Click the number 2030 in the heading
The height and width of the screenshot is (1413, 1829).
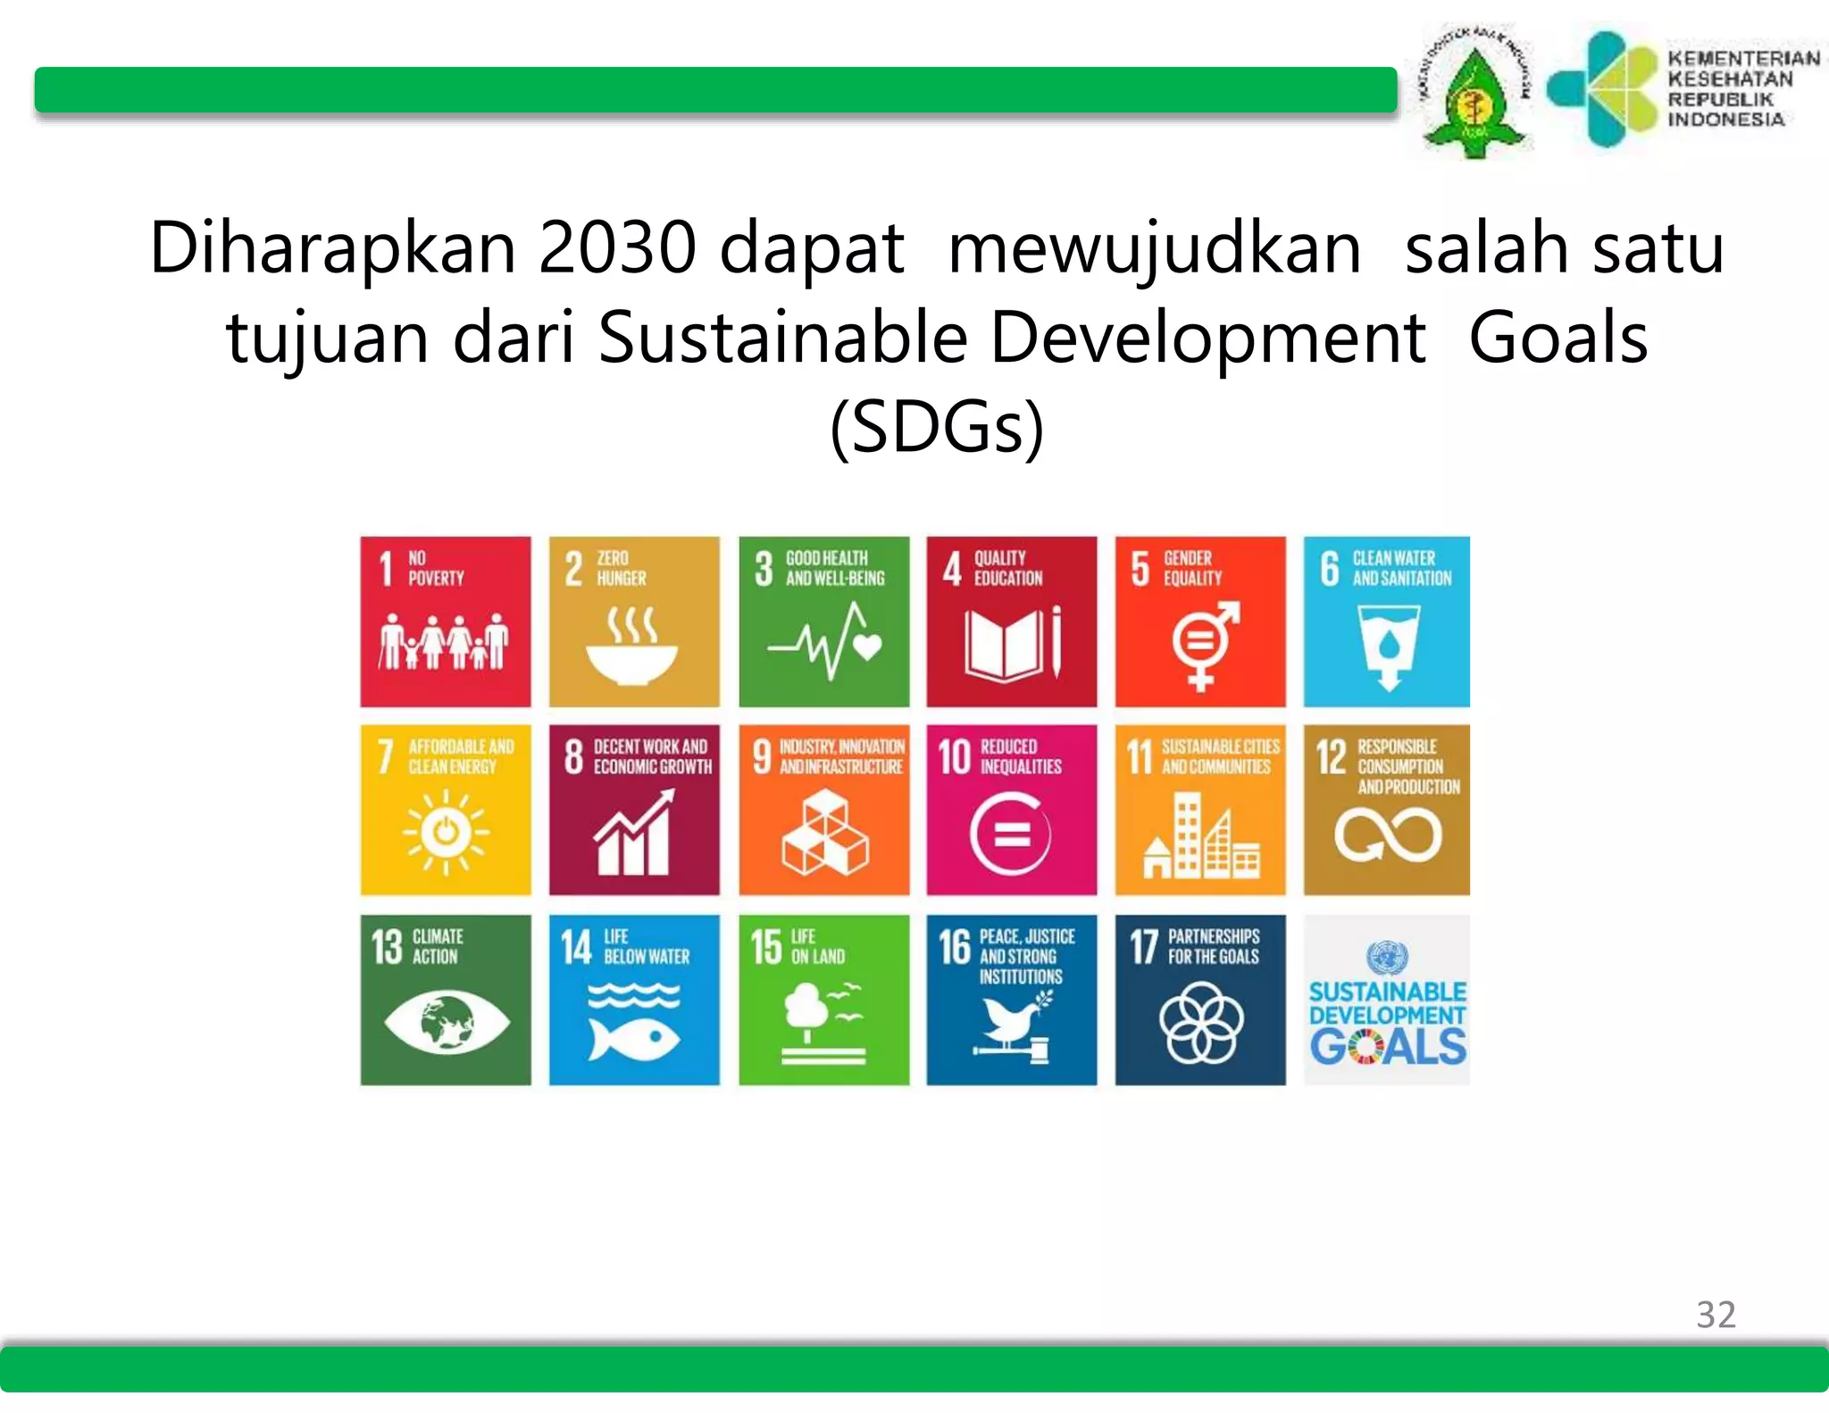tap(617, 247)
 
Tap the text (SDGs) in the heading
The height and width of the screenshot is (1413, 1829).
tap(937, 427)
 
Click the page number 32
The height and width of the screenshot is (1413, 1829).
tap(1716, 1315)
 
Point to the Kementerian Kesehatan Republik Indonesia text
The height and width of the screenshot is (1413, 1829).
tap(1741, 88)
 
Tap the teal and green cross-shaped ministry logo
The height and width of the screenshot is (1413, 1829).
tap(1601, 88)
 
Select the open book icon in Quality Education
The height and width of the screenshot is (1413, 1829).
tap(1003, 643)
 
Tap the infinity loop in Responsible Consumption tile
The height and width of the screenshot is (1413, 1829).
tap(1387, 836)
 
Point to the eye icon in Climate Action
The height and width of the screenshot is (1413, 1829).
tap(447, 1023)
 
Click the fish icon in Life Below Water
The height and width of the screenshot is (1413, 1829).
tap(634, 1039)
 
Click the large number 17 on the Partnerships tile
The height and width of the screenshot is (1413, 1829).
tap(1143, 947)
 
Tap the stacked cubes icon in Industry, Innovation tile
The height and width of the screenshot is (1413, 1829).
tap(824, 834)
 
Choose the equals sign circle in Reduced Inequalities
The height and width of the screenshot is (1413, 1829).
tap(1011, 835)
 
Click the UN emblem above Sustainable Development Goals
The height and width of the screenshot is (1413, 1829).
tap(1387, 957)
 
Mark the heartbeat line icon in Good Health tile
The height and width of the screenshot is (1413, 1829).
tap(824, 641)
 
